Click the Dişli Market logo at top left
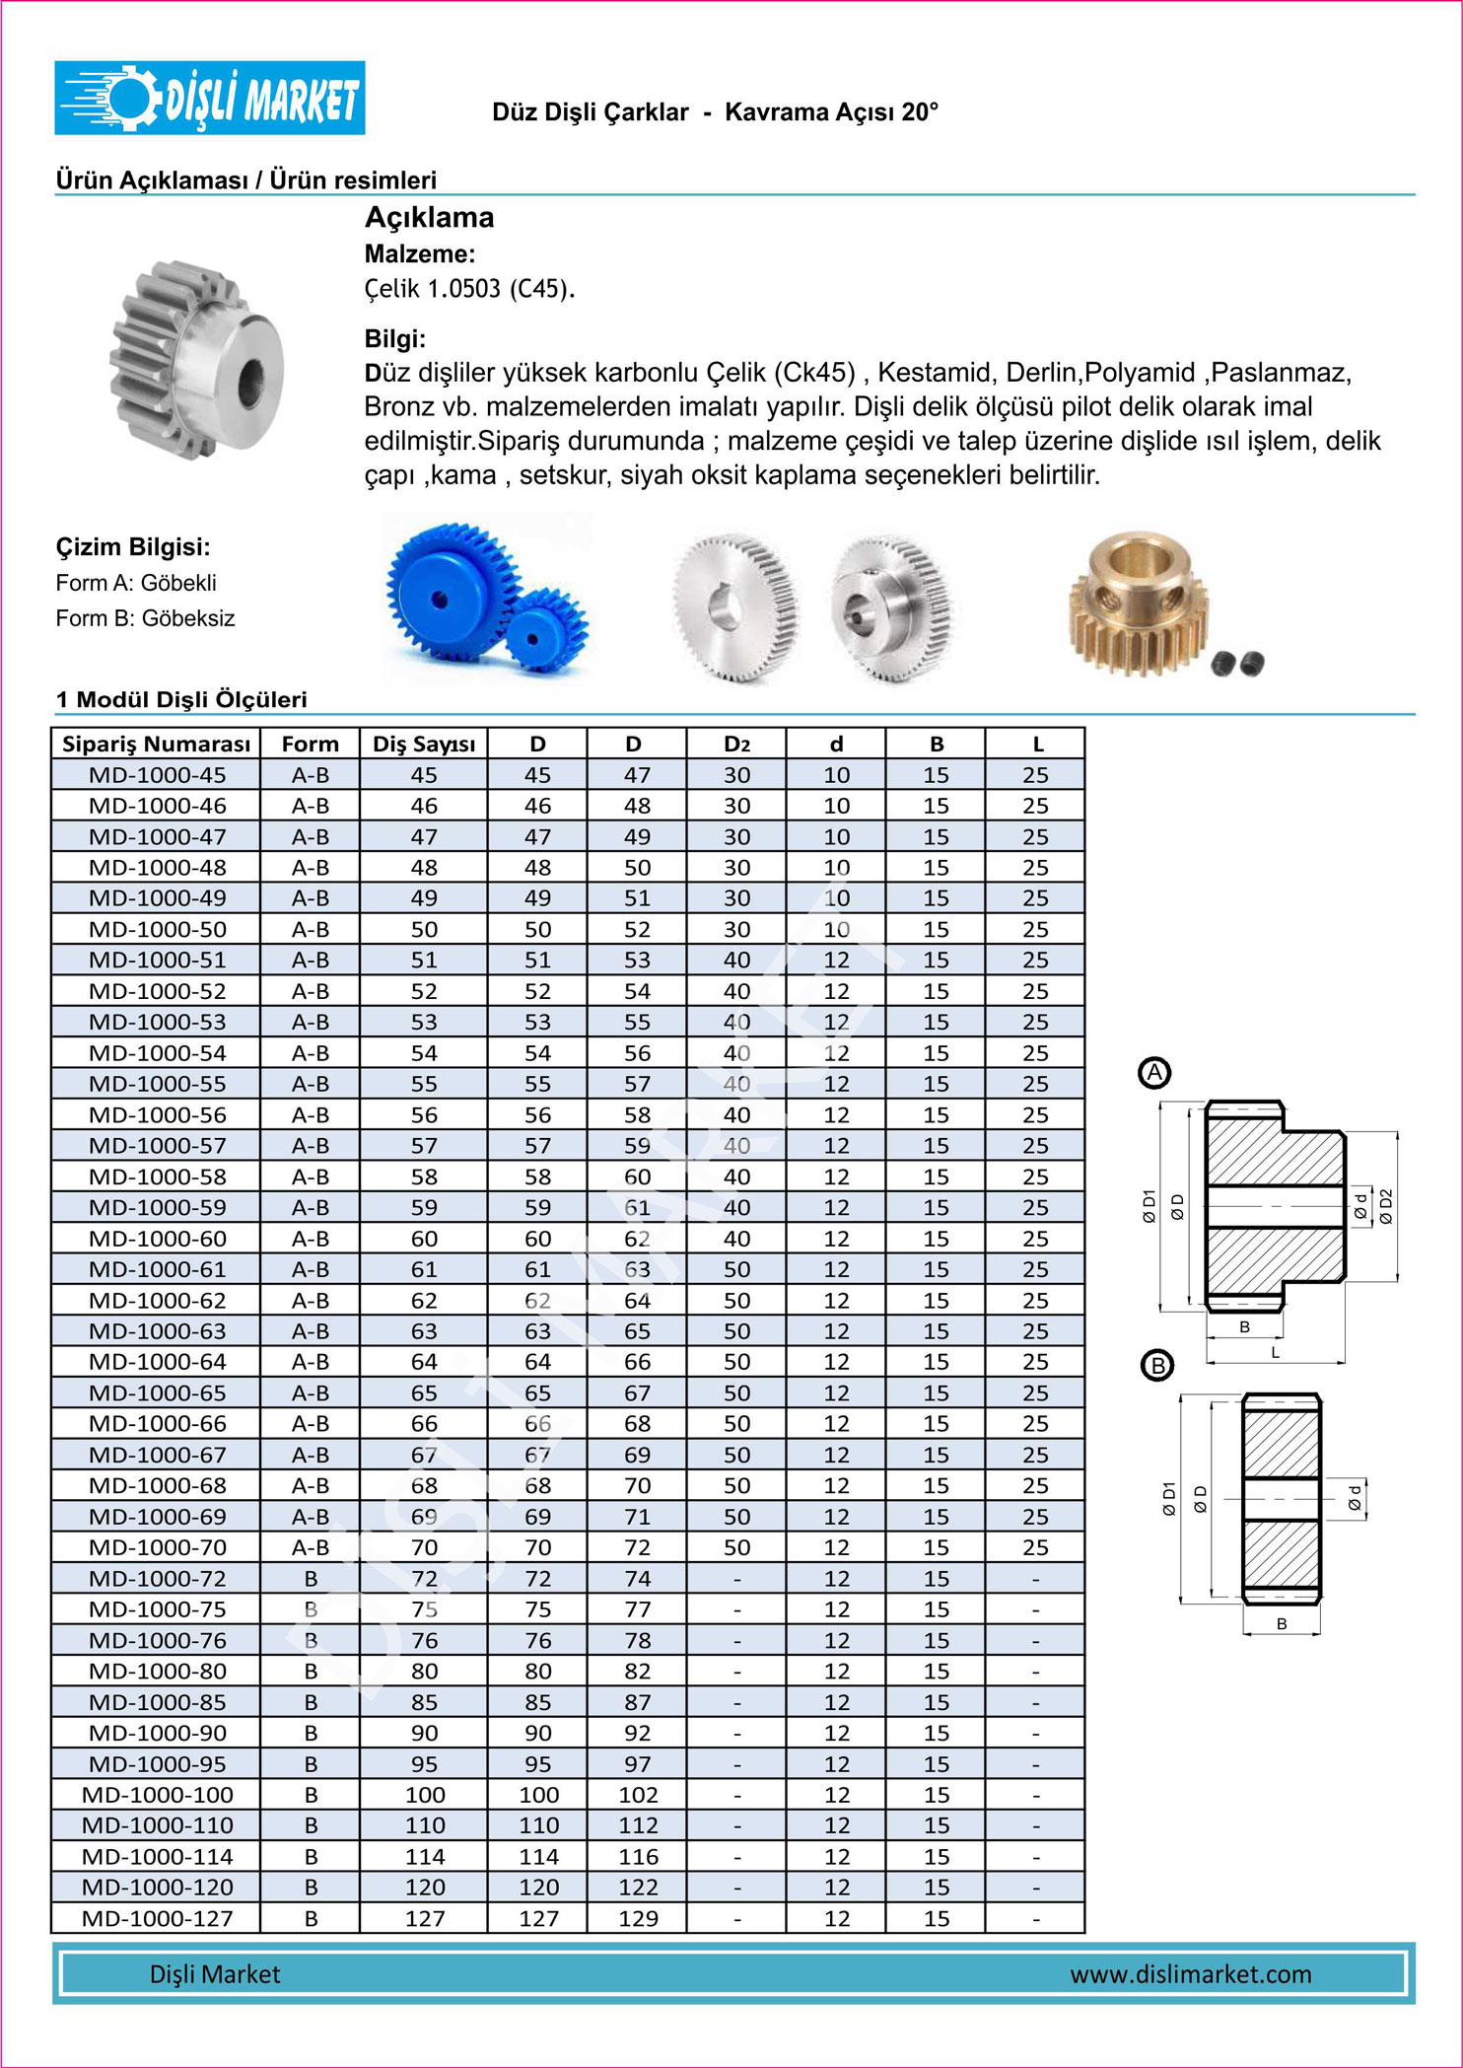(x=209, y=98)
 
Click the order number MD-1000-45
(x=157, y=775)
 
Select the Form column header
(x=310, y=744)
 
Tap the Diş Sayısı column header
(x=424, y=744)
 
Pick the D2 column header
(x=736, y=744)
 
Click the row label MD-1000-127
(x=157, y=1918)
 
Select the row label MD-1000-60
(x=157, y=1239)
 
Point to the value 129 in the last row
(x=638, y=1918)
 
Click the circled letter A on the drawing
(x=1154, y=1073)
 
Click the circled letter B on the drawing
(x=1156, y=1366)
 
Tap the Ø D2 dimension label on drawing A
(x=1387, y=1205)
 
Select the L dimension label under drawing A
(x=1275, y=1353)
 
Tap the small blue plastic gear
(x=545, y=629)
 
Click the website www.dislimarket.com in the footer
(x=1190, y=1974)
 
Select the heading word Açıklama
(x=429, y=217)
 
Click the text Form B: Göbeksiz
(x=145, y=618)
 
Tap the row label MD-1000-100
(x=157, y=1795)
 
